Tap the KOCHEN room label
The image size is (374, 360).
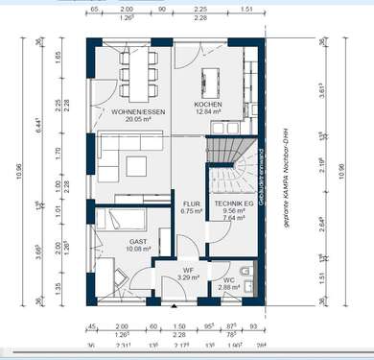pyautogui.click(x=208, y=104)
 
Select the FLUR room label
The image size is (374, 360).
pyautogui.click(x=191, y=204)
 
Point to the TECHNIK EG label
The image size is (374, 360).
pyautogui.click(x=233, y=204)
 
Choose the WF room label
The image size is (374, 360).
pyautogui.click(x=190, y=272)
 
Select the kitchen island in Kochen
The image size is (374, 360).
pyautogui.click(x=208, y=76)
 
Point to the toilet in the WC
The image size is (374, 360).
pyautogui.click(x=247, y=276)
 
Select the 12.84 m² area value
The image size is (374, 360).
pyautogui.click(x=208, y=111)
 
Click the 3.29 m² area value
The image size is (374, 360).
pyautogui.click(x=190, y=279)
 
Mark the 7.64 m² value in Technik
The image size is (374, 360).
pyautogui.click(x=233, y=218)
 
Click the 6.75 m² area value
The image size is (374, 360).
pyautogui.click(x=191, y=211)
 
